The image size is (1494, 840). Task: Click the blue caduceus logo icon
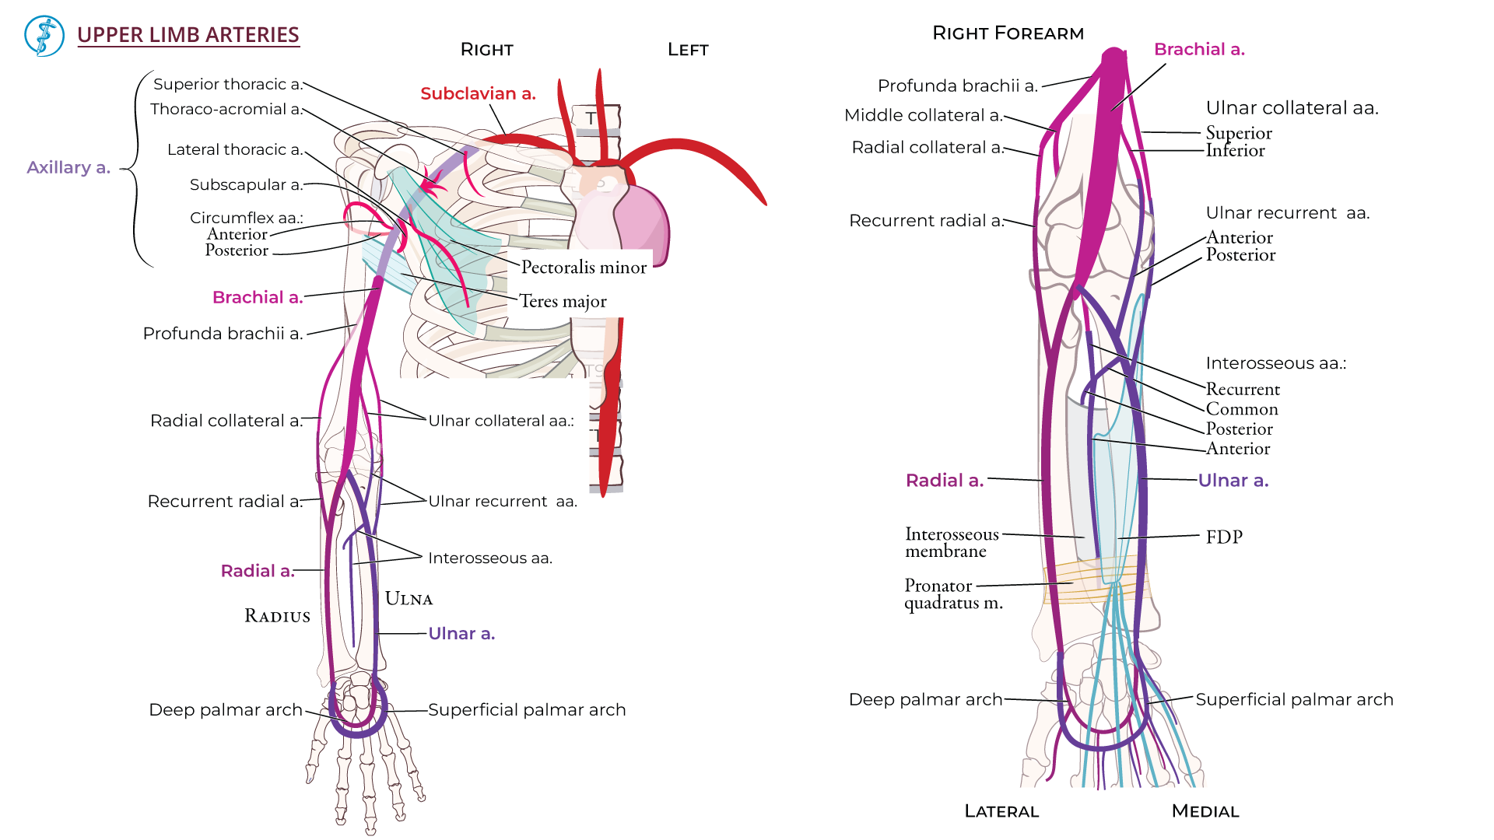pos(44,36)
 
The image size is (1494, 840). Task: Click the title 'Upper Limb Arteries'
pos(188,35)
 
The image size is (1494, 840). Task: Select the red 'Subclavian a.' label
pos(478,93)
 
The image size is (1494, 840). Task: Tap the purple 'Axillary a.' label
pos(68,167)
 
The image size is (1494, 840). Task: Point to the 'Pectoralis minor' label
pos(584,267)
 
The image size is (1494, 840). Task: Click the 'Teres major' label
pos(563,301)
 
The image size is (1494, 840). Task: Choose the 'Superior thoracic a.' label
pos(227,84)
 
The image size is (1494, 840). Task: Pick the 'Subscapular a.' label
pos(246,184)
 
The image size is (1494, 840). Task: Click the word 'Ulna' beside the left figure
pos(409,599)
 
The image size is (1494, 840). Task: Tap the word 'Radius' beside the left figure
pos(277,616)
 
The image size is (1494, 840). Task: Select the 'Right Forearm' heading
pos(1008,33)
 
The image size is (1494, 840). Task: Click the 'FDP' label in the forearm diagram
pos(1224,537)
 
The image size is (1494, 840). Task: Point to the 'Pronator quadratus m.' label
pos(952,593)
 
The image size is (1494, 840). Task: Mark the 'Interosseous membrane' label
pos(951,542)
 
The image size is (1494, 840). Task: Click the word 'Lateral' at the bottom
pos(1001,811)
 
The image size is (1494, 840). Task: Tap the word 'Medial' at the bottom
pos(1205,811)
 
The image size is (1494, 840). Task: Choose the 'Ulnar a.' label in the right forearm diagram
pos(1233,481)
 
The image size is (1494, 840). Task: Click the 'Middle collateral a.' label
pos(923,115)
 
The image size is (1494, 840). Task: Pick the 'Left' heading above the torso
pos(688,50)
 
